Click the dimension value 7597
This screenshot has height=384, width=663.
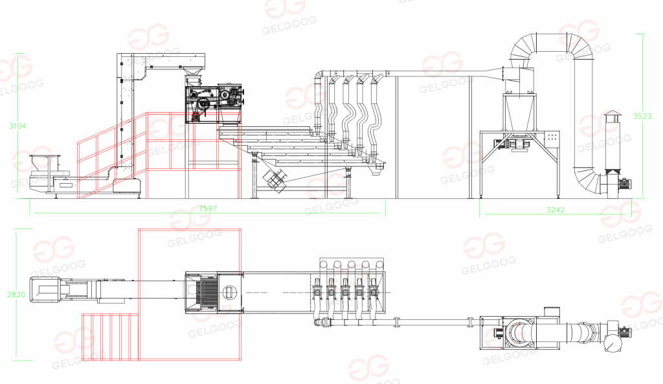[x=208, y=209]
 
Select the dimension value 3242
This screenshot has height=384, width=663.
[x=555, y=210]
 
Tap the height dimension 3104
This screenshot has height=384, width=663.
[x=17, y=126]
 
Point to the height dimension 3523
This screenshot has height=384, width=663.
[x=642, y=117]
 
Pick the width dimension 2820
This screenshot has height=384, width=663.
[x=16, y=295]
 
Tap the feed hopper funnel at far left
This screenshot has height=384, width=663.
[x=44, y=163]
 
